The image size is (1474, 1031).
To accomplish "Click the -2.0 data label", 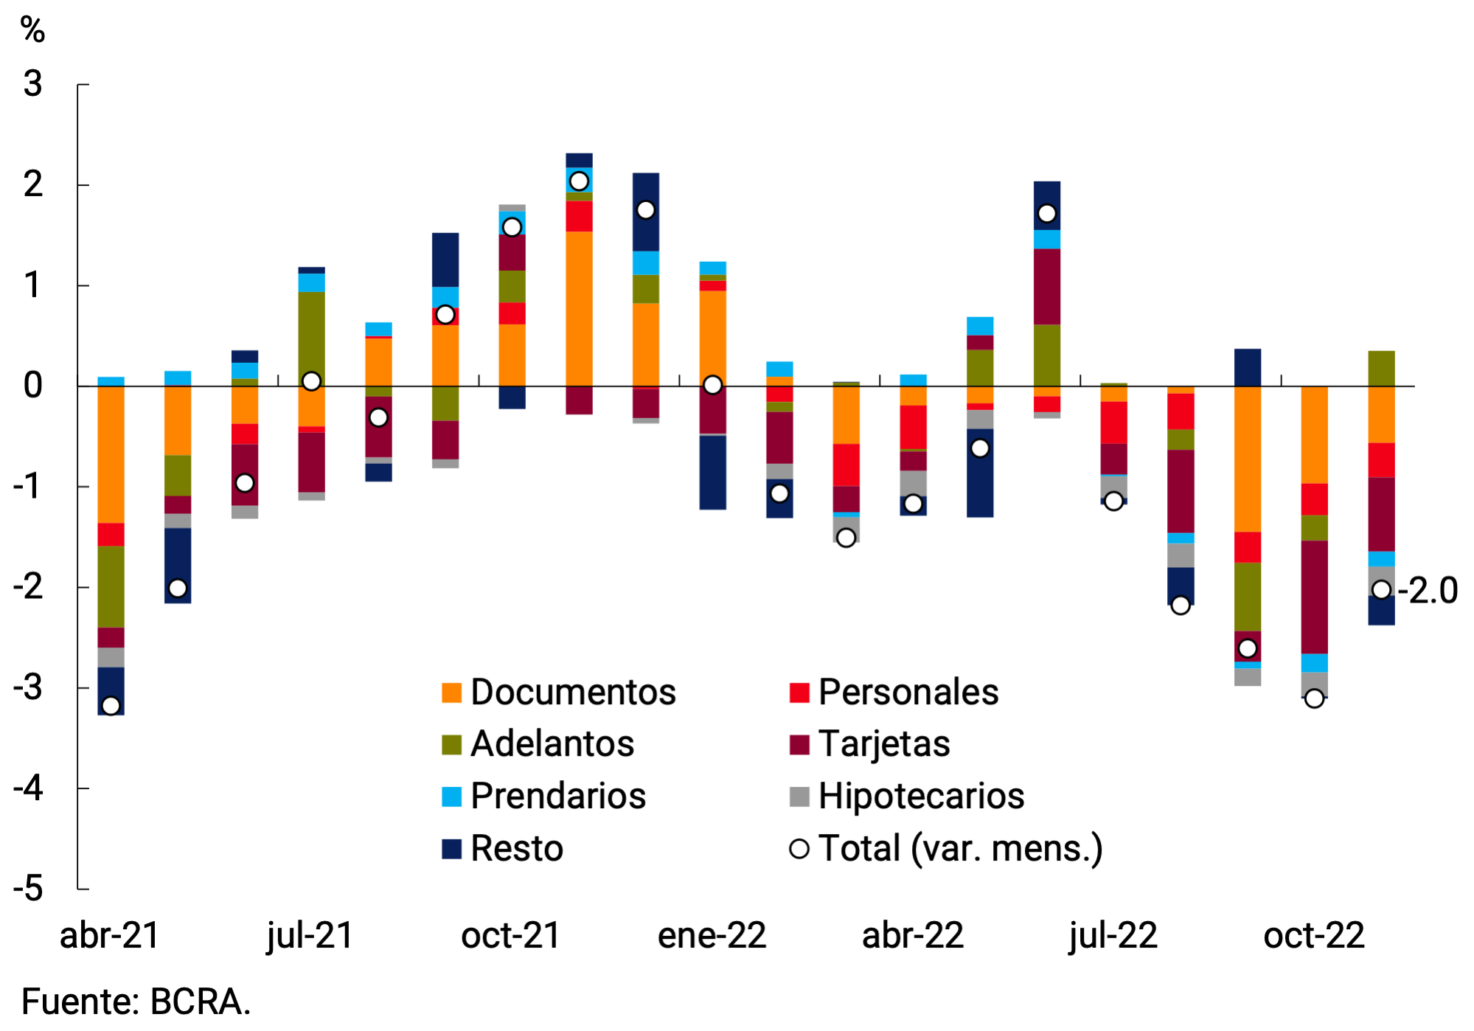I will tap(1428, 591).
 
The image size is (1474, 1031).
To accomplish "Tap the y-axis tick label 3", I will tap(32, 84).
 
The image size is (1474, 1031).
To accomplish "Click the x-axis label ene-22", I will tap(712, 936).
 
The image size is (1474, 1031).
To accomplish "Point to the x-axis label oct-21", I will tap(511, 936).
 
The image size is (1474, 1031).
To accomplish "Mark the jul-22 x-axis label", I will tap(1113, 936).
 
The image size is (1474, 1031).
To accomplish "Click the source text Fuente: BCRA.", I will tap(136, 1002).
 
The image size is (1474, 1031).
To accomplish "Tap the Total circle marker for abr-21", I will tap(111, 706).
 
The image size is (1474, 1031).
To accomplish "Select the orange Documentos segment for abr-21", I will tap(111, 454).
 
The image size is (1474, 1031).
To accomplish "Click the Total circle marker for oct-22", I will tap(1314, 698).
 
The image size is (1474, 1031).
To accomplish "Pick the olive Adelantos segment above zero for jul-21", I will tap(311, 336).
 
